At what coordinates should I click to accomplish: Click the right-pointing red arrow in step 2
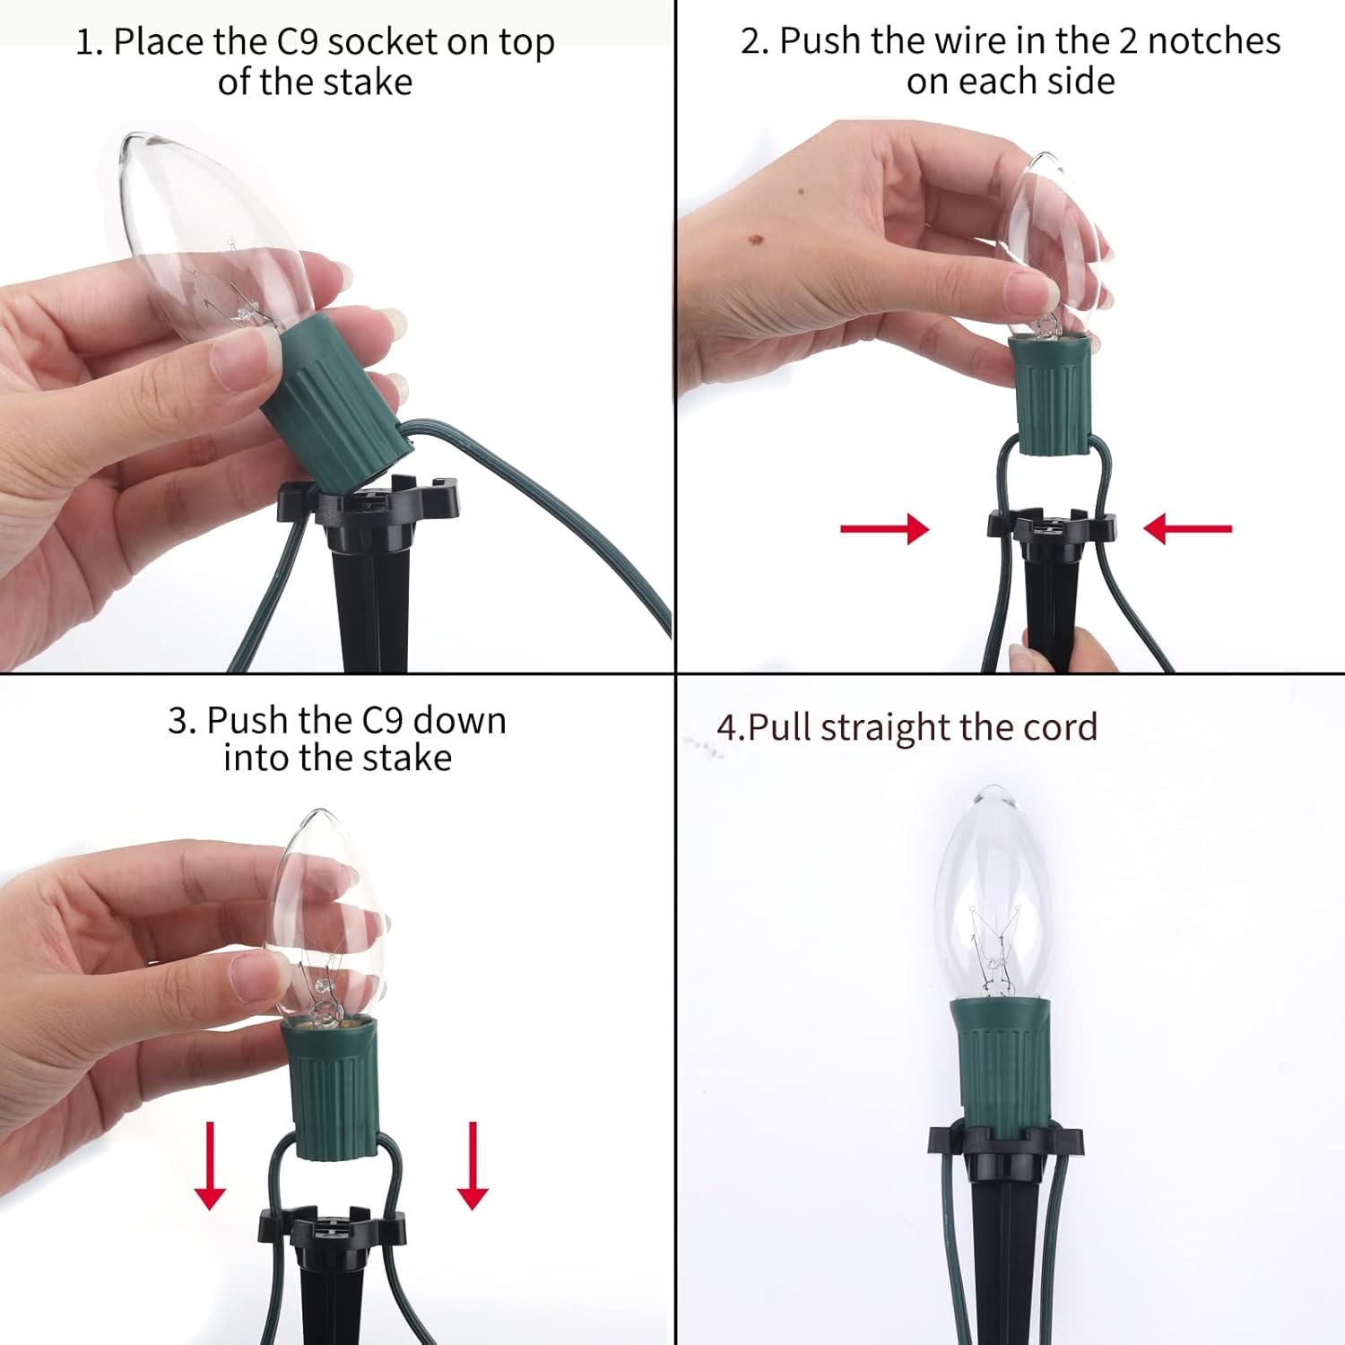(x=884, y=528)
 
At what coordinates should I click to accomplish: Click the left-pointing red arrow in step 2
(x=1188, y=528)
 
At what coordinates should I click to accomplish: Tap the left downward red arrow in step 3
(x=210, y=1165)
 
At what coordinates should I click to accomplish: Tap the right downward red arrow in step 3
(x=473, y=1165)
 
